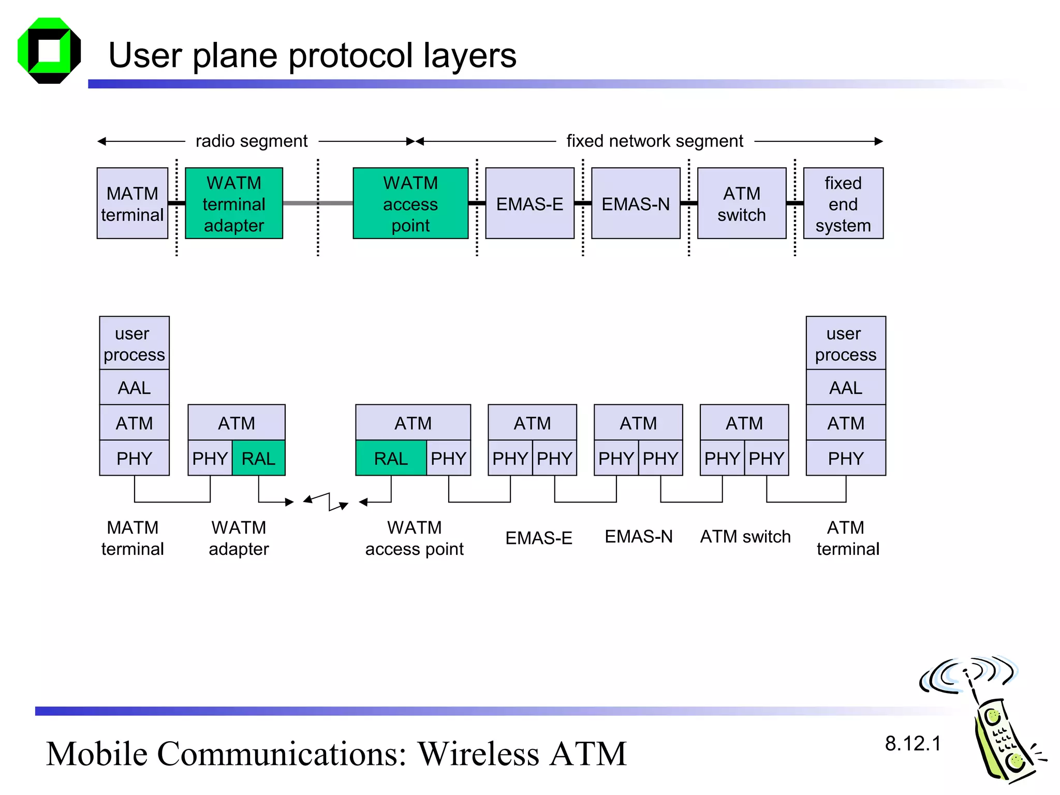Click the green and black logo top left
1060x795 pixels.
click(x=49, y=51)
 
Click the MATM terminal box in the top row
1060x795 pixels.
click(x=132, y=203)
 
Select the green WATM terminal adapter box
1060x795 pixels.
click(x=234, y=203)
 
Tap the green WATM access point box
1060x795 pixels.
click(x=410, y=203)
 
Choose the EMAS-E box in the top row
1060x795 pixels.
click(x=529, y=203)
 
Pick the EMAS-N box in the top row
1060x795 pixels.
click(x=636, y=203)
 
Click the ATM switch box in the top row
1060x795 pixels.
click(x=742, y=203)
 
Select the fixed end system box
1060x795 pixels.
click(x=843, y=203)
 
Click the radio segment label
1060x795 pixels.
click(x=252, y=141)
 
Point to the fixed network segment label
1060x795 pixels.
click(x=655, y=141)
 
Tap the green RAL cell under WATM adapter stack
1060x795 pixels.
click(x=259, y=458)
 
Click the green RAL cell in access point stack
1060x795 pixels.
click(x=391, y=458)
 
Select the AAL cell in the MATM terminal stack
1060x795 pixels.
click(x=134, y=387)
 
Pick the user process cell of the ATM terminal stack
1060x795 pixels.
click(x=846, y=343)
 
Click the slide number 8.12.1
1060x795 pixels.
click(x=912, y=743)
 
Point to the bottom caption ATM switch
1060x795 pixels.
click(x=745, y=537)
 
